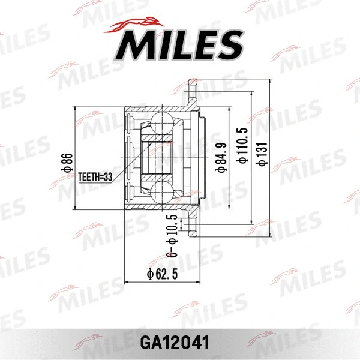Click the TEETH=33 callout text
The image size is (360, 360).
pyautogui.click(x=95, y=177)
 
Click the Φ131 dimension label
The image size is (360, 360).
pyautogui.click(x=262, y=153)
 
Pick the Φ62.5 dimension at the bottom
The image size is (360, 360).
pyautogui.click(x=163, y=275)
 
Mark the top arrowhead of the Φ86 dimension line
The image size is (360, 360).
pyautogui.click(x=76, y=109)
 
